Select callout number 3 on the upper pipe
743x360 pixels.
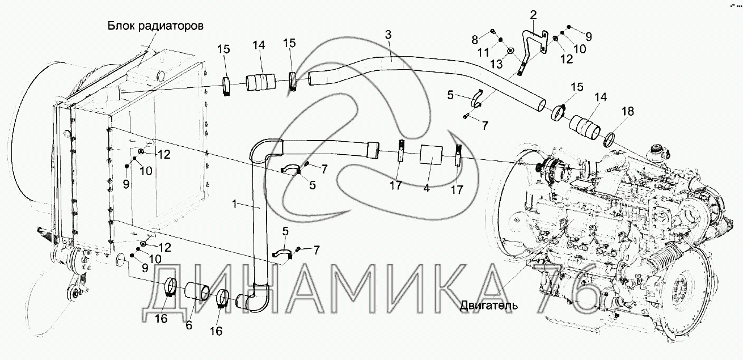(388, 34)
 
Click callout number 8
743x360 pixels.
(474, 39)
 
